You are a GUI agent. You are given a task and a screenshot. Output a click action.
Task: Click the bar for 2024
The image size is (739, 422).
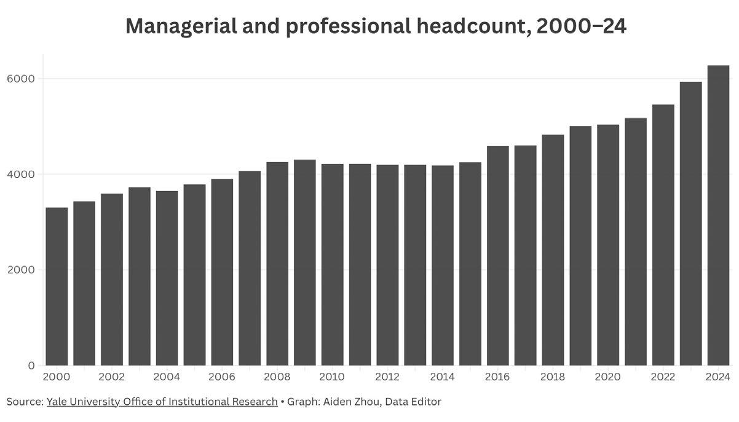click(x=718, y=215)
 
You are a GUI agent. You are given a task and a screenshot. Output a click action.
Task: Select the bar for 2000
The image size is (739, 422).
click(x=57, y=286)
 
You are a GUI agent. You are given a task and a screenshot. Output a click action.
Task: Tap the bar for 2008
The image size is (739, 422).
click(x=277, y=264)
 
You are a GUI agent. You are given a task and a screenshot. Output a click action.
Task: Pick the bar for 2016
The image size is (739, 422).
click(x=498, y=256)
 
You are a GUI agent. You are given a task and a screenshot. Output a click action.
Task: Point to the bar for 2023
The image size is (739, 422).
click(x=691, y=224)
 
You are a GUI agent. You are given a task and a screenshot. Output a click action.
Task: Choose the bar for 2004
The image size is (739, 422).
click(x=167, y=278)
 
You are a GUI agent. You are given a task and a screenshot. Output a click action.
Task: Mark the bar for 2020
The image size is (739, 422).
click(x=608, y=245)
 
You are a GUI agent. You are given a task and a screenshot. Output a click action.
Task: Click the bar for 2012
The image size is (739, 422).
click(x=388, y=265)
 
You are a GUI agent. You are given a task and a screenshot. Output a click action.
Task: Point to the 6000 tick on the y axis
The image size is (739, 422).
click(x=21, y=79)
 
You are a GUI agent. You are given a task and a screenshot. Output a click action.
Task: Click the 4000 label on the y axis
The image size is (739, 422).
click(x=21, y=174)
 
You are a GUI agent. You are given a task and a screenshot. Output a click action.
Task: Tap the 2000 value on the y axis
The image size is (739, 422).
click(x=21, y=270)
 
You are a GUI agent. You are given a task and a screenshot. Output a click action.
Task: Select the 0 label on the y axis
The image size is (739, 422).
click(x=31, y=365)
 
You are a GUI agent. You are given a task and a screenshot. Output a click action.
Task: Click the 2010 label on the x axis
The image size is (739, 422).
click(x=332, y=377)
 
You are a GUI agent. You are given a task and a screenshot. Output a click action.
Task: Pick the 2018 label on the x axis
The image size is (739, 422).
click(x=553, y=377)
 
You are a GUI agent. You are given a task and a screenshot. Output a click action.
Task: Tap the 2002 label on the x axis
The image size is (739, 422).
click(x=111, y=377)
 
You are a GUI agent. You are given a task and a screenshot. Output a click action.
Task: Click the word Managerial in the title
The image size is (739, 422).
click(x=181, y=26)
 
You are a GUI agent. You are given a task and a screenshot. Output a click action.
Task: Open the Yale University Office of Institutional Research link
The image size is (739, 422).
click(x=162, y=402)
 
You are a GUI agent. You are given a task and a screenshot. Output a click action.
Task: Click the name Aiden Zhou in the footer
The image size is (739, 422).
click(x=351, y=402)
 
